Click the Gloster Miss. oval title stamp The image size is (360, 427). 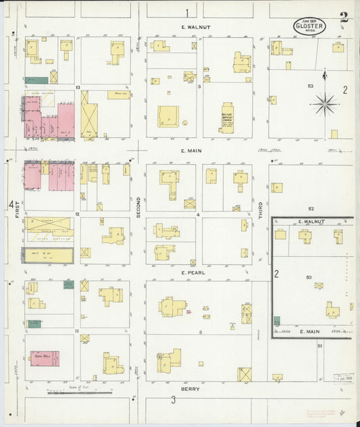pos(309,26)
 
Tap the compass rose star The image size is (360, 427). pos(325,103)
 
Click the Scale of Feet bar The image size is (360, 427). pos(80,392)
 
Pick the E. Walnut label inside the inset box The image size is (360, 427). pos(311,222)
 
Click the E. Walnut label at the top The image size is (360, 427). pos(196,27)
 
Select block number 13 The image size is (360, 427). pos(78,87)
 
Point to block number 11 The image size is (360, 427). pos(78,330)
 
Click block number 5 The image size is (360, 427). pos(200,332)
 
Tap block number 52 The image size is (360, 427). pos(311,209)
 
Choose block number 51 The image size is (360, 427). pos(320,345)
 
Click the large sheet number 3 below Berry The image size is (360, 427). pos(173,400)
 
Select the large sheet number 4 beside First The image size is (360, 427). pos(11,204)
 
